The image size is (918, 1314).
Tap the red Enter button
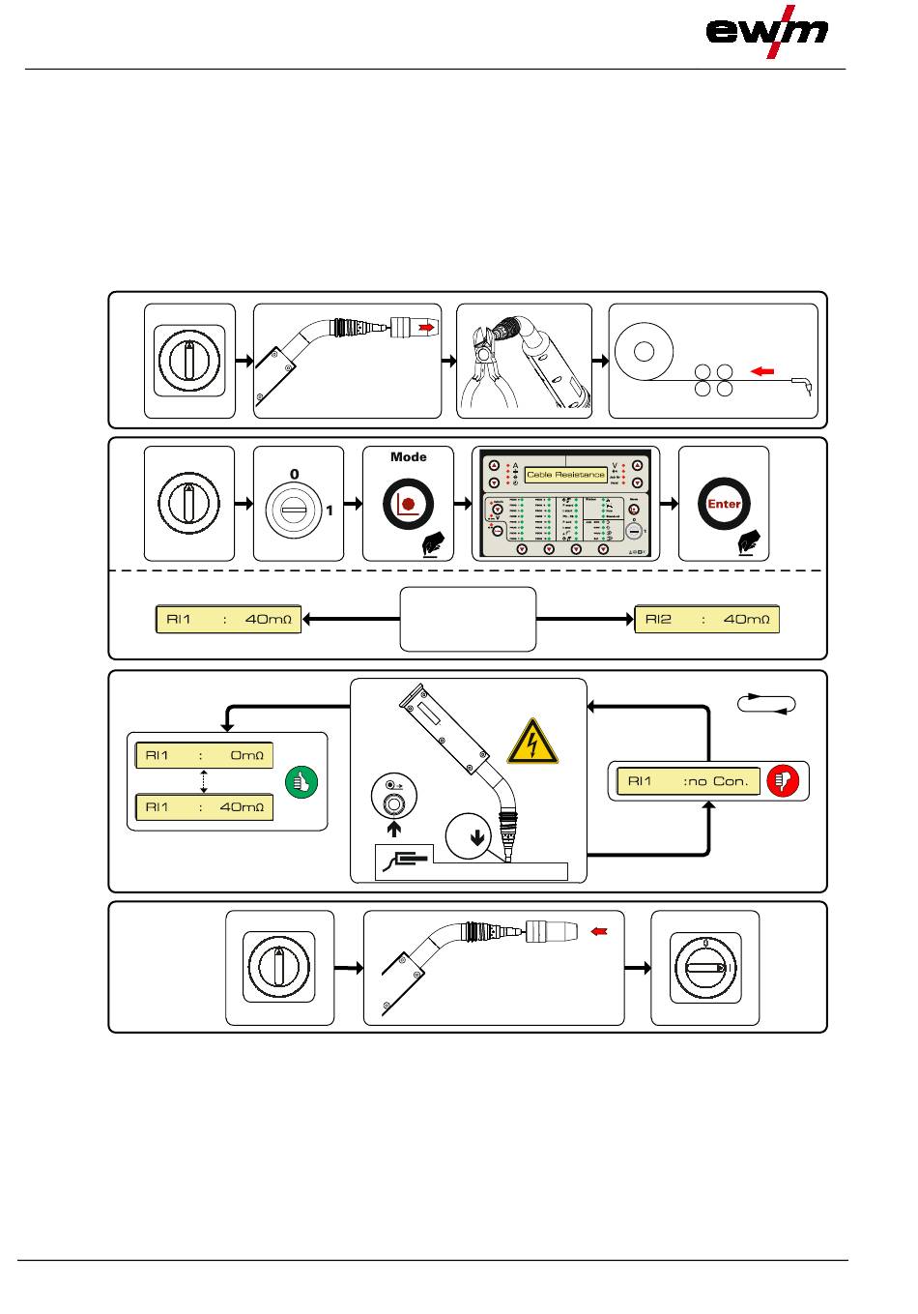(x=724, y=504)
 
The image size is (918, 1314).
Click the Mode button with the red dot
(x=408, y=504)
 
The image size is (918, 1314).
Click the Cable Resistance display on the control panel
(x=566, y=475)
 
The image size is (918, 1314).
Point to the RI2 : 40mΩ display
(x=706, y=619)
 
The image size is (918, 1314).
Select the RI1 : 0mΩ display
(x=203, y=755)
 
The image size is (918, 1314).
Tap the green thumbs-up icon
(x=301, y=782)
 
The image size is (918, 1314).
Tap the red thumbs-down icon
(x=783, y=781)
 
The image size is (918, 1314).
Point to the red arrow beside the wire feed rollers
(x=762, y=370)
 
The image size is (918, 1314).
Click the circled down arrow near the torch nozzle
(x=475, y=837)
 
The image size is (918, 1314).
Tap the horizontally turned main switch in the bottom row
(x=704, y=966)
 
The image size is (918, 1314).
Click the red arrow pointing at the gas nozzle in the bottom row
(x=600, y=931)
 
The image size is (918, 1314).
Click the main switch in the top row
(x=189, y=361)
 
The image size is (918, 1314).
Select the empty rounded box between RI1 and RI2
(x=468, y=619)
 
